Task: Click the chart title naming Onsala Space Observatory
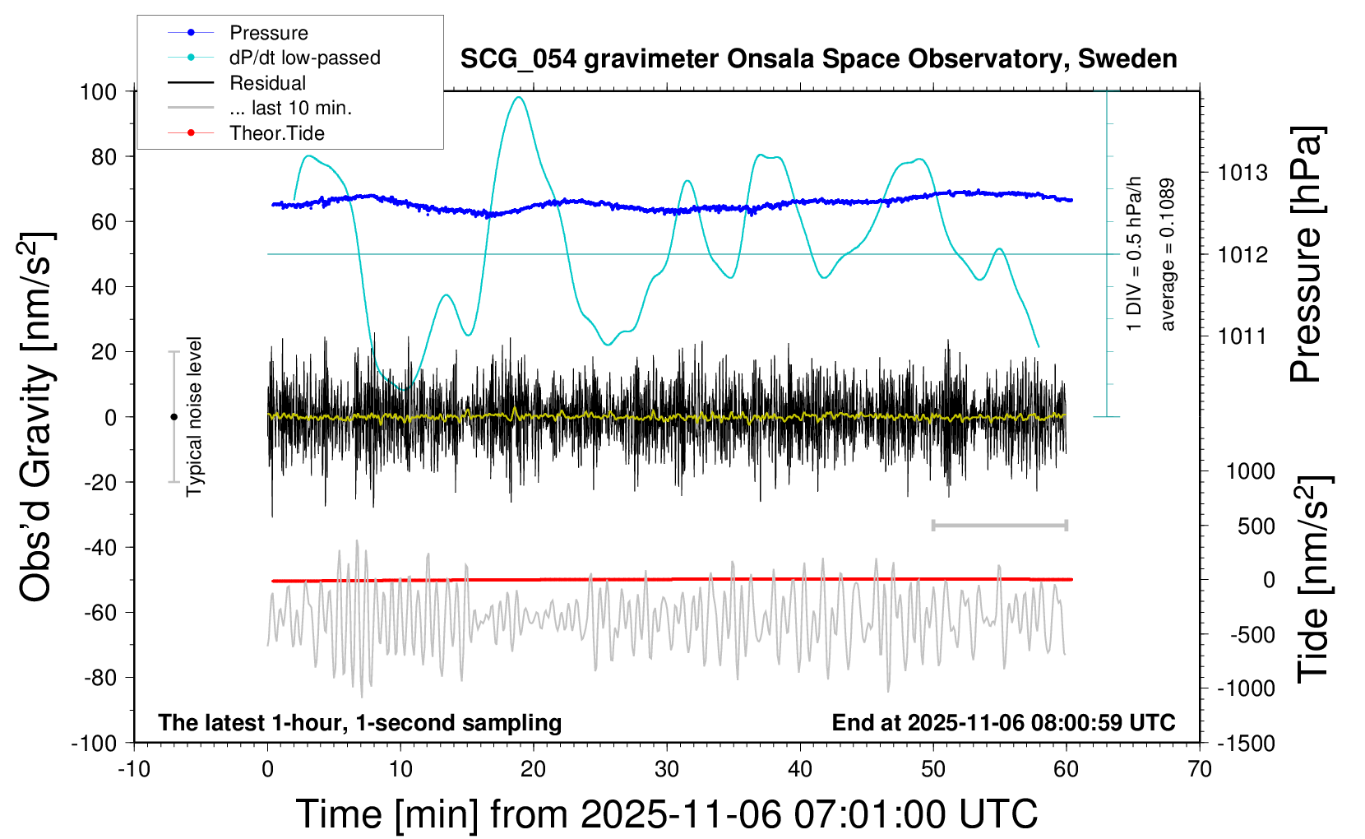(818, 59)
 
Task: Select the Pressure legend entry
(268, 33)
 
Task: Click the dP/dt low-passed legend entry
(304, 58)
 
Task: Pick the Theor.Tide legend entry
(276, 133)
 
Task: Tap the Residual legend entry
(267, 83)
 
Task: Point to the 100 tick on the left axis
(98, 91)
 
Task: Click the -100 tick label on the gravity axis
(94, 743)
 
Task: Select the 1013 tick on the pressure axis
(1242, 173)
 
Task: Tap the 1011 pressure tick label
(1242, 336)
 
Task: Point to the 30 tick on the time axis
(667, 769)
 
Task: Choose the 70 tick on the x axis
(1200, 769)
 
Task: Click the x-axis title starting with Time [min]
(667, 814)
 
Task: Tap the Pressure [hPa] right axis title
(1306, 254)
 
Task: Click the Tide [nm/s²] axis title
(1312, 579)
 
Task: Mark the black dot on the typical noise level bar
(174, 417)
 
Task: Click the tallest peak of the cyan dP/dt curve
(518, 97)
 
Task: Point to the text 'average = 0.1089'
(1167, 254)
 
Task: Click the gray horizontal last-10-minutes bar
(999, 525)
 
